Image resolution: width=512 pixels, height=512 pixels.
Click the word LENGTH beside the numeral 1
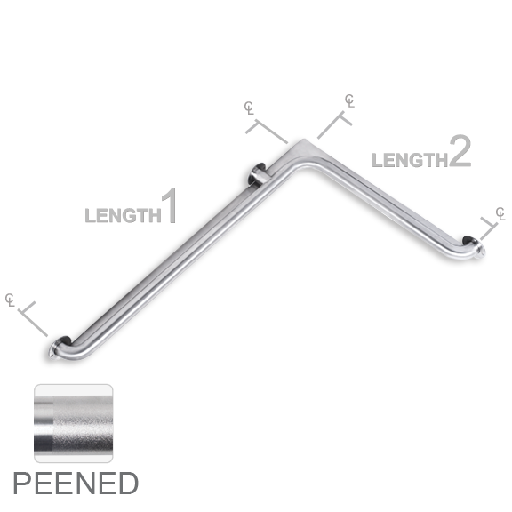[x=123, y=215]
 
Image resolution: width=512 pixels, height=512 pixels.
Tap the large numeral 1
[x=169, y=206]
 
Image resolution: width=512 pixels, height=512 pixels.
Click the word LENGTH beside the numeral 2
[x=410, y=160]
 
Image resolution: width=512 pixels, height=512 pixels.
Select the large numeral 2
[x=460, y=151]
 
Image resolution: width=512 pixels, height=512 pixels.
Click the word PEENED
[x=76, y=484]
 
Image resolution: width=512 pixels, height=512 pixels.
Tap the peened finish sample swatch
[x=74, y=423]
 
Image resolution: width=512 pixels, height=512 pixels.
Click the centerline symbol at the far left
[x=10, y=300]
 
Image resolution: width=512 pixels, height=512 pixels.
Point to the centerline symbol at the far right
[x=500, y=213]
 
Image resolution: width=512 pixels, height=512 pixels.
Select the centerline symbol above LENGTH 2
[x=349, y=101]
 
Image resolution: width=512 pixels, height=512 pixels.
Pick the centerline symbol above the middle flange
[x=249, y=108]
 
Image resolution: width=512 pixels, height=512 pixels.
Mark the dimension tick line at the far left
[x=33, y=319]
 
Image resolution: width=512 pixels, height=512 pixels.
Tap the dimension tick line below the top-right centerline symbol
[x=335, y=124]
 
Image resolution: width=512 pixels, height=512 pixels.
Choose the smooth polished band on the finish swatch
[x=44, y=423]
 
